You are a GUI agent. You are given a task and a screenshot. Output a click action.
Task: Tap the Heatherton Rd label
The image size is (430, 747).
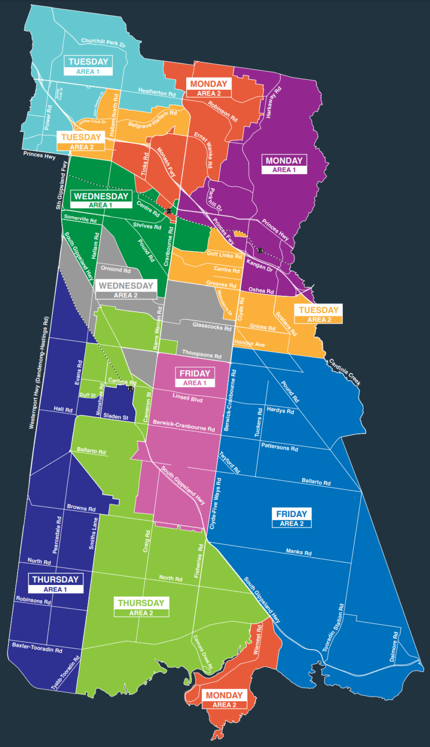157,92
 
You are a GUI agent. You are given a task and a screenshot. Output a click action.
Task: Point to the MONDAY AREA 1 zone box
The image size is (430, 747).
284,165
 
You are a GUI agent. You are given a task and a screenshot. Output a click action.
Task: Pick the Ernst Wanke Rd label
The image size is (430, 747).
203,149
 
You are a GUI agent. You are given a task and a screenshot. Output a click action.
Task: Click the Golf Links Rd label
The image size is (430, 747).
224,255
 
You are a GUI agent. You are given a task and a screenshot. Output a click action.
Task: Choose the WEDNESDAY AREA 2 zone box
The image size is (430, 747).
125,290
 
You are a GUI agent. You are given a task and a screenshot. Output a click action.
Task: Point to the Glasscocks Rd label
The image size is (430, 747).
212,326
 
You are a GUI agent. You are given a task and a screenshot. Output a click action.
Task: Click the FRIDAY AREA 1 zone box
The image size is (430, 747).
195,378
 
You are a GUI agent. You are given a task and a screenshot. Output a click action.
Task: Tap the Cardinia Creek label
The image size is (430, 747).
344,372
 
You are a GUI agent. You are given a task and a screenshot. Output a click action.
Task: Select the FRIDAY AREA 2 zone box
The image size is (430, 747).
291,518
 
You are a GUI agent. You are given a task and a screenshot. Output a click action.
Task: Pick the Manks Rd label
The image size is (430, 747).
299,552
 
